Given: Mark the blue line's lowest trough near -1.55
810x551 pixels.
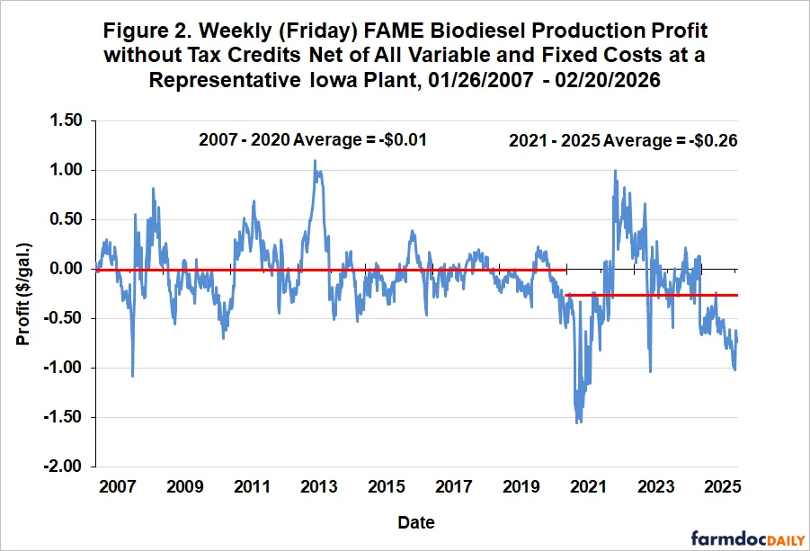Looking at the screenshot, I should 577,422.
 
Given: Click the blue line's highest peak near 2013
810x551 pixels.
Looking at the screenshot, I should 315,161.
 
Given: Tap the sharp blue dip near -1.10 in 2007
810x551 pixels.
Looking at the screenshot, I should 132,376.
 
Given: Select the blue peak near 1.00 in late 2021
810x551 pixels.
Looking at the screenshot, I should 615,170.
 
